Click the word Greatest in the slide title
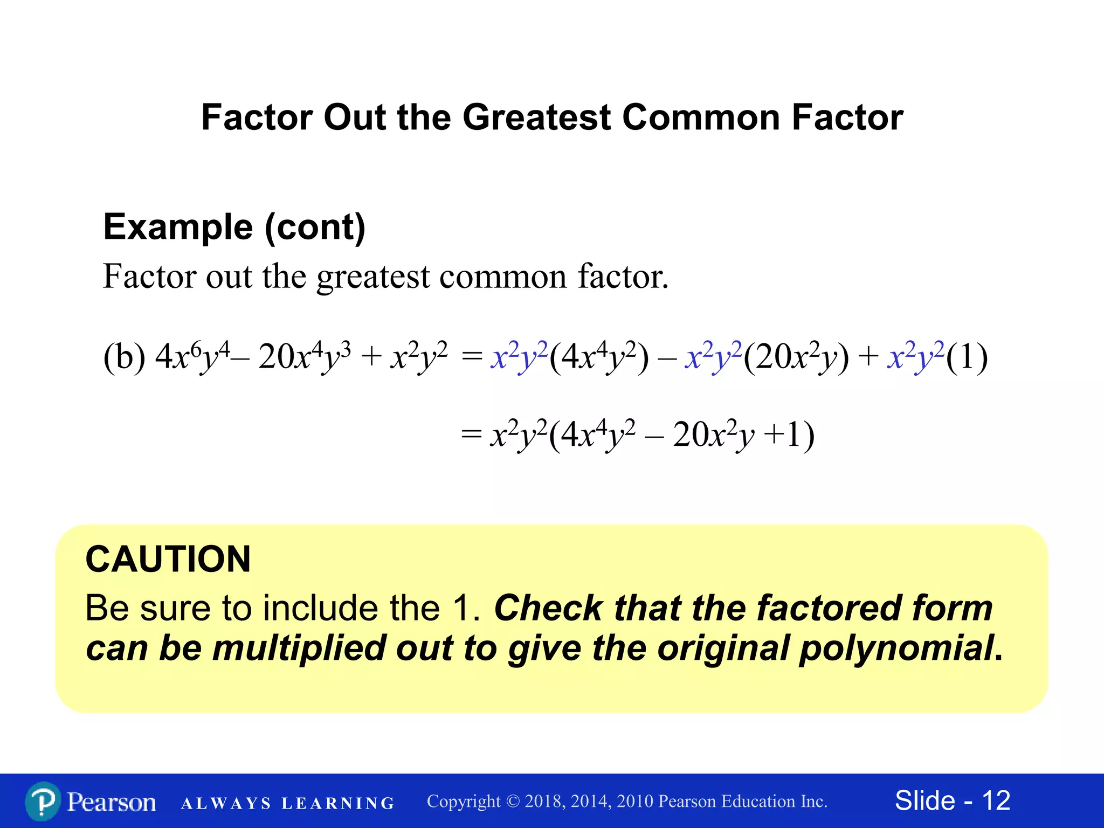(536, 118)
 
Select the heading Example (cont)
(234, 227)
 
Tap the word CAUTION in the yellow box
(168, 559)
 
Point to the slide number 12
(996, 801)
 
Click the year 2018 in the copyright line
(543, 802)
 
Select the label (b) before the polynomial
(124, 357)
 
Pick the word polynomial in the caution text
(895, 648)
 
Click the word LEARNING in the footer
(338, 804)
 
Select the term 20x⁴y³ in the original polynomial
(305, 357)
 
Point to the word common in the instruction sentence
(503, 277)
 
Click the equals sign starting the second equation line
(471, 434)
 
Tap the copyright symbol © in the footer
(513, 802)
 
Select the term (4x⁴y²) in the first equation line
(598, 357)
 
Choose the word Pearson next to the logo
(111, 802)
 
